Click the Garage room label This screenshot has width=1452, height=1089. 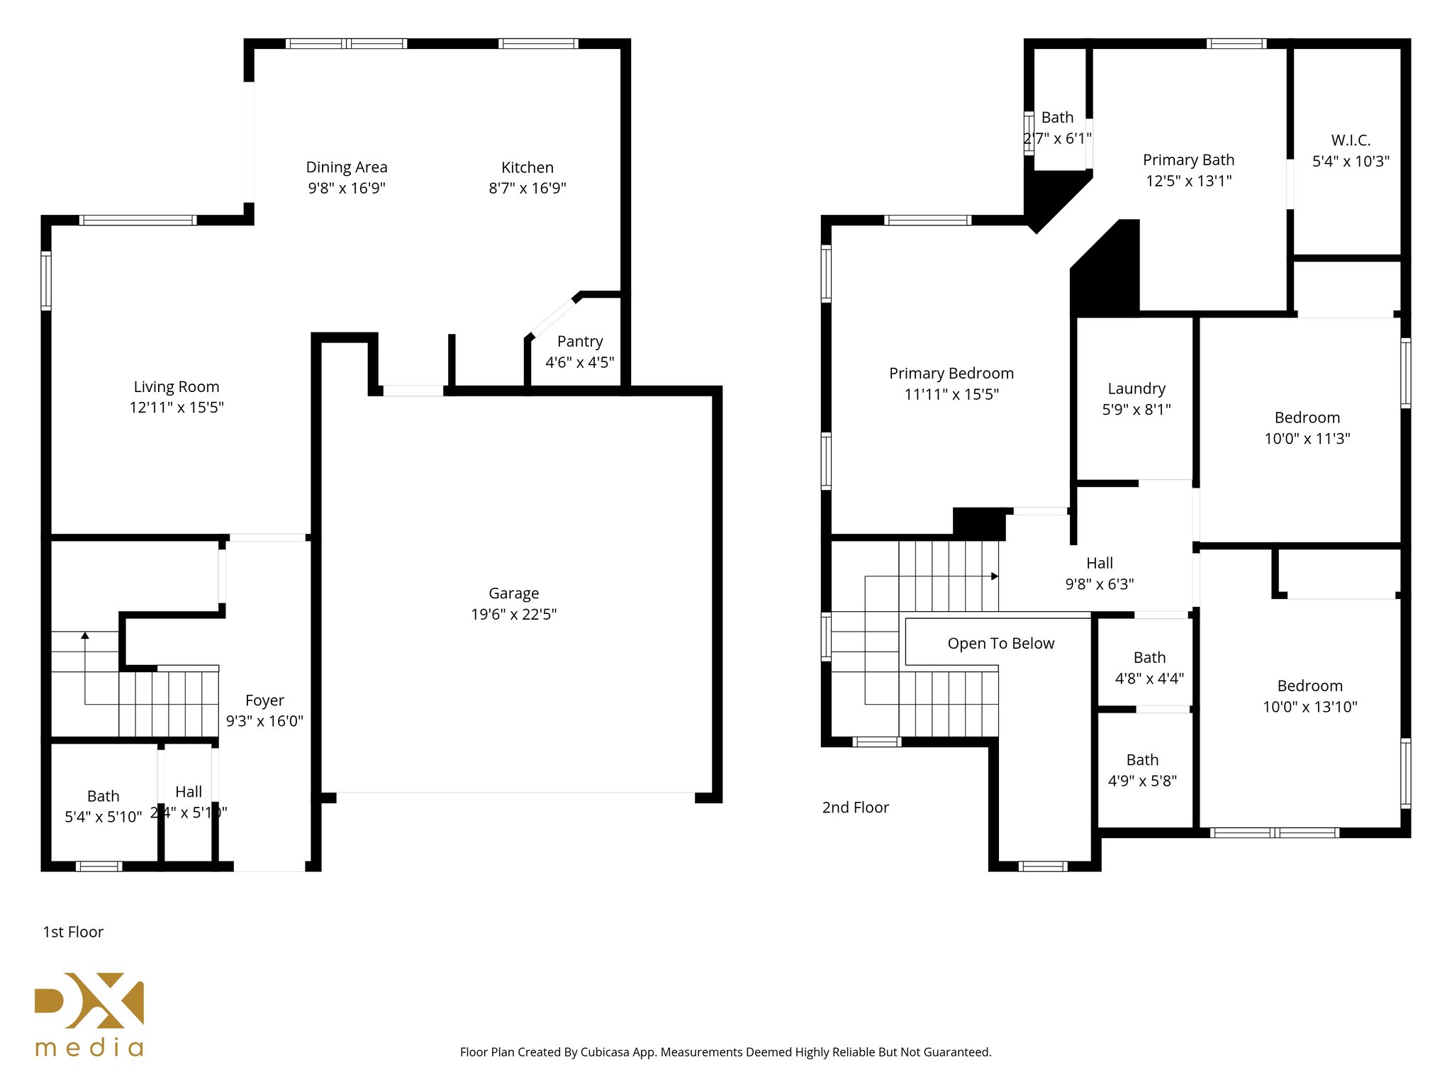513,593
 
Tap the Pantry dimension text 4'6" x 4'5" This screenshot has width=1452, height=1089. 579,362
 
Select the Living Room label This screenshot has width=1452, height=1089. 177,386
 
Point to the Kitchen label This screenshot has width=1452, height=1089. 527,167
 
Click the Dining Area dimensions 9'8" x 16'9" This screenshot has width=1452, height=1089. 347,188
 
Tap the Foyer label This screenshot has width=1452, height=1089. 264,700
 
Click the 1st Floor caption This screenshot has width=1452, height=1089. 73,932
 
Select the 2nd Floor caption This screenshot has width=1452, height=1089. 855,808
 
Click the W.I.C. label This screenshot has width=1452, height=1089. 1351,140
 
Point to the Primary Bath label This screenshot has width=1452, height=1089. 1188,160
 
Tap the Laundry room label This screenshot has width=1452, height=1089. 1137,389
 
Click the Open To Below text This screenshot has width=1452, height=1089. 1000,643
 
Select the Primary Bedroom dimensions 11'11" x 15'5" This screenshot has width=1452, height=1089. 951,394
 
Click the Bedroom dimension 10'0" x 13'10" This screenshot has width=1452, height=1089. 1309,707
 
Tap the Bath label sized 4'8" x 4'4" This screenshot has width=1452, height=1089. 1149,657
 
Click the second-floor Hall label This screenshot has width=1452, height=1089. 1100,563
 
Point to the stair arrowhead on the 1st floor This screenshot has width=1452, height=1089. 85,635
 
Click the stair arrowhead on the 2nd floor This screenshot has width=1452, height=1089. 995,576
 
